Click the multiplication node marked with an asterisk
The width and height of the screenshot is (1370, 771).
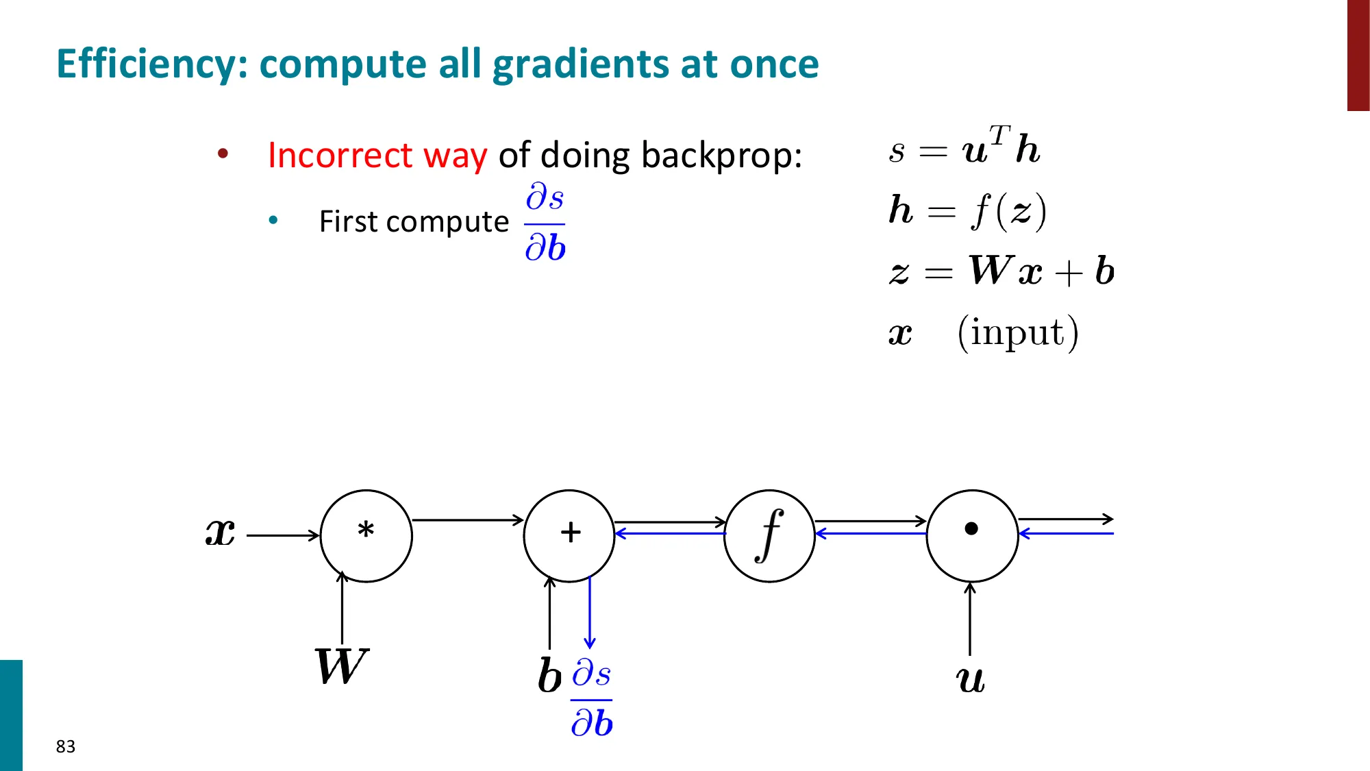[366, 535]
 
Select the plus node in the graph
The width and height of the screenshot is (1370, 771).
[569, 535]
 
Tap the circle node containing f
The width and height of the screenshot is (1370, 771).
[769, 535]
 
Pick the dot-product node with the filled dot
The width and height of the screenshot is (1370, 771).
[971, 535]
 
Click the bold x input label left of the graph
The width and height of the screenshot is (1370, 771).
[221, 533]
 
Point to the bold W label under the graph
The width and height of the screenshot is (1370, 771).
[341, 666]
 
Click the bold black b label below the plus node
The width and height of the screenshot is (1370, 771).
[549, 676]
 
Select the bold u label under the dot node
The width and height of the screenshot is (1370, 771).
[970, 680]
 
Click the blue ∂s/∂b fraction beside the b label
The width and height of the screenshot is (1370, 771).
[592, 698]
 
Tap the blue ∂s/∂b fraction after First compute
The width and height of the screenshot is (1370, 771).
[545, 222]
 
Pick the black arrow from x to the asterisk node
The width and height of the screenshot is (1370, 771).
[283, 535]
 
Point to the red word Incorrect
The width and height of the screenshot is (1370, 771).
[340, 155]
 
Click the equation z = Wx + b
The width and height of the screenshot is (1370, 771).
[1001, 271]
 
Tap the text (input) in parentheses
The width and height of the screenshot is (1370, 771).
[1017, 333]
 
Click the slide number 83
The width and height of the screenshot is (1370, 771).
[66, 746]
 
